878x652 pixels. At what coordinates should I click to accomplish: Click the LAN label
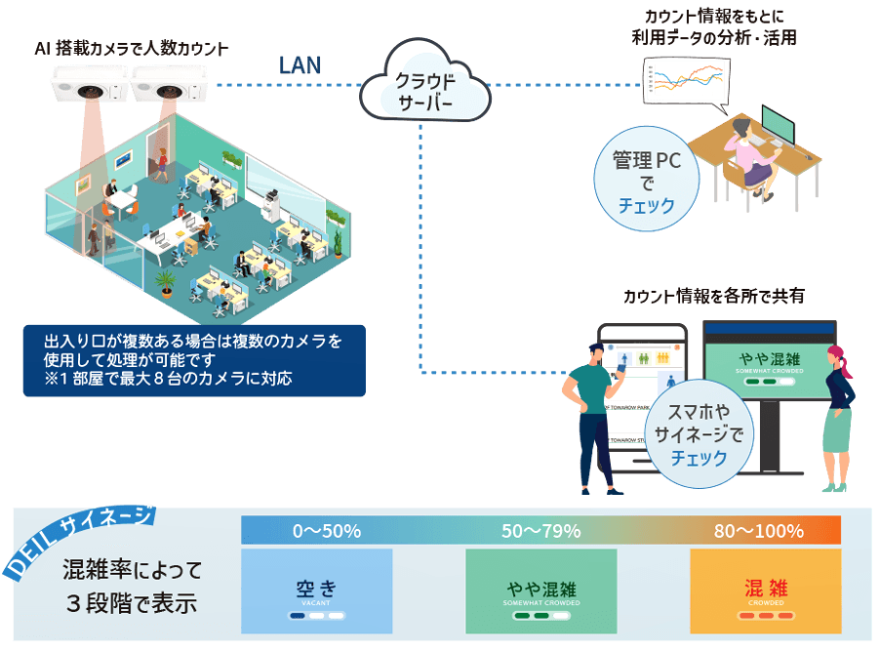[300, 64]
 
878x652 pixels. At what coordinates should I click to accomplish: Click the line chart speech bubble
[687, 81]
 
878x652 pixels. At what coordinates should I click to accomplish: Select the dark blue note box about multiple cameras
[194, 360]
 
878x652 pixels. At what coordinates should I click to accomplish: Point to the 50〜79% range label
[541, 531]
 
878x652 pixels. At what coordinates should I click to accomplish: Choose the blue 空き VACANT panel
[317, 591]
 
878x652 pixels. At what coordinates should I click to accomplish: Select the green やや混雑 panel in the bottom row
[541, 591]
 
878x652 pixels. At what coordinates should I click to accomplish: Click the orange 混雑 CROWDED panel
[765, 591]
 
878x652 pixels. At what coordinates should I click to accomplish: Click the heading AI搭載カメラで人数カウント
[132, 48]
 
